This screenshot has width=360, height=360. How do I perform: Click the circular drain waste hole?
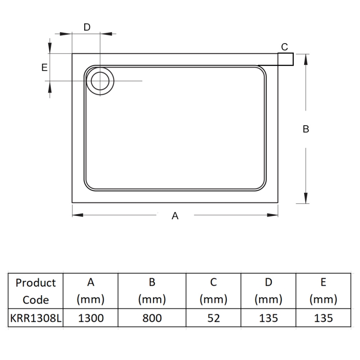[100, 81]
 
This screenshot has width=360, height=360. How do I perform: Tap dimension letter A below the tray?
[175, 216]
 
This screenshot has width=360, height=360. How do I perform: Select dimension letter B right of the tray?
[306, 129]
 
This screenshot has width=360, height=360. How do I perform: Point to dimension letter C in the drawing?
[284, 46]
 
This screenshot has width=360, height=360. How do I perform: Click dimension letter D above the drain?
[87, 27]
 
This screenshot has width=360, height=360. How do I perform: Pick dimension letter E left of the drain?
[44, 67]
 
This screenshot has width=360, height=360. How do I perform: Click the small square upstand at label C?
[286, 59]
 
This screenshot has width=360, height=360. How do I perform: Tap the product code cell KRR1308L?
[36, 318]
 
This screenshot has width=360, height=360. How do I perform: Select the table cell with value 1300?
[91, 318]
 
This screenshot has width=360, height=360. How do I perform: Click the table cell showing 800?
[152, 318]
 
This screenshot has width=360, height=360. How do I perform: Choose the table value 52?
[214, 318]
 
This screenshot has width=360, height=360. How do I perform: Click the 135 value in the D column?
[268, 318]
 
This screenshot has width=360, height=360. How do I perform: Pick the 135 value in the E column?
[323, 318]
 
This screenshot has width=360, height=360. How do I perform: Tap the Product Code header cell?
[36, 291]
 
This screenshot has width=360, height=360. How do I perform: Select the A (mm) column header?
[91, 291]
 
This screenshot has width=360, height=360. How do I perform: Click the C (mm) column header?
[214, 291]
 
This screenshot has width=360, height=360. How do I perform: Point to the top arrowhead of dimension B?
[306, 58]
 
